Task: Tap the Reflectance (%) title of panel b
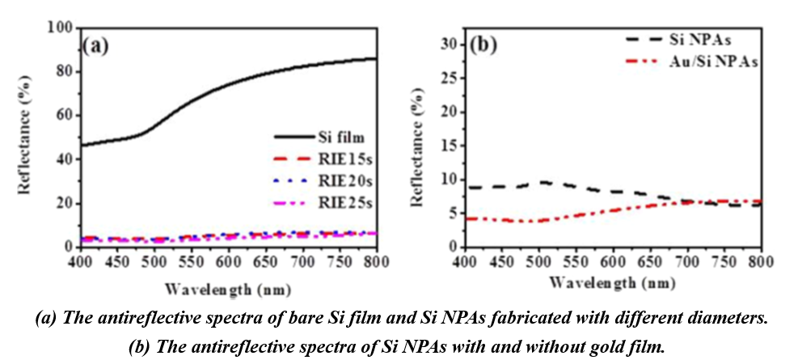tap(421, 144)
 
